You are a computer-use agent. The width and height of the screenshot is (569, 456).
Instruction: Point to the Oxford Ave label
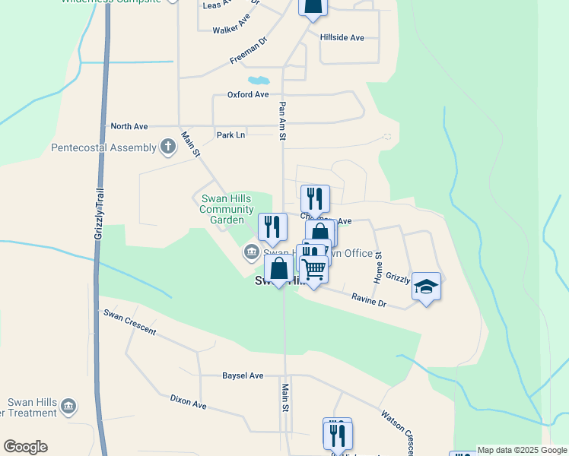pos(248,95)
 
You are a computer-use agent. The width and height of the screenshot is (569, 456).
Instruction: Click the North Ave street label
pos(129,126)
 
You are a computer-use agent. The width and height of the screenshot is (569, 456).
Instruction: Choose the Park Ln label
pos(230,135)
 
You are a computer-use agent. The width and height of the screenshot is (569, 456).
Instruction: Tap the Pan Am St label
pos(282,121)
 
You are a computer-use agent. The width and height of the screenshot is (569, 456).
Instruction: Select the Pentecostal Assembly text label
pos(103,147)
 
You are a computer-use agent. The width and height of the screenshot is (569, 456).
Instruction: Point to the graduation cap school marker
pos(426,287)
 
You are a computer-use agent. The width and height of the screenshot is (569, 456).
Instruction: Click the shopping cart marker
pos(313,269)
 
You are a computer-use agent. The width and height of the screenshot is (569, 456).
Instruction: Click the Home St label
pos(378,264)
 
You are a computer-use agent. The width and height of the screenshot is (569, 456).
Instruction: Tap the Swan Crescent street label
pos(129,322)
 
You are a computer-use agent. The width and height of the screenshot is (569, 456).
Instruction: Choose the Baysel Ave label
pos(243,375)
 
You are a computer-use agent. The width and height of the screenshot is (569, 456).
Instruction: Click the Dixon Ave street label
pos(189,402)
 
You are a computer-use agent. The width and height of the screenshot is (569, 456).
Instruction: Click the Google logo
pos(25,447)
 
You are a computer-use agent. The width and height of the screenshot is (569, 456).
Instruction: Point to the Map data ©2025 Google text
pos(522,450)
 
